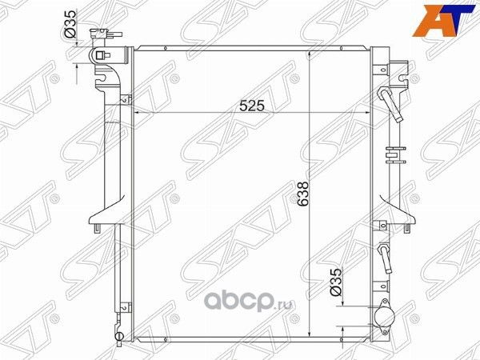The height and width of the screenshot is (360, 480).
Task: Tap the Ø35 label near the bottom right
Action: pyautogui.click(x=337, y=284)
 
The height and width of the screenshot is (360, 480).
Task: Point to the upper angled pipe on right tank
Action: pyautogui.click(x=387, y=102)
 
